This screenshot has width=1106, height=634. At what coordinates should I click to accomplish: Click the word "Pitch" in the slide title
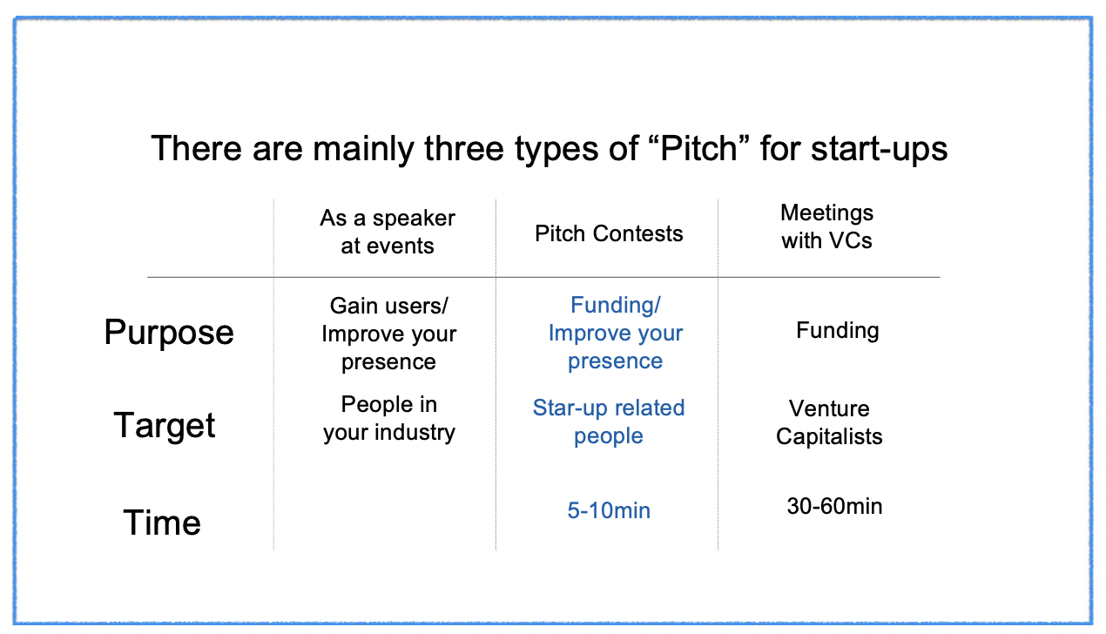click(x=698, y=148)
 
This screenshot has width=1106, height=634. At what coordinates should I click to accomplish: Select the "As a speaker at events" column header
click(x=388, y=232)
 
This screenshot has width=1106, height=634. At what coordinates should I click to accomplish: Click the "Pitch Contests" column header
click(x=609, y=233)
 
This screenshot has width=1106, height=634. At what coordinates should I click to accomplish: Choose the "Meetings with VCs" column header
click(x=827, y=226)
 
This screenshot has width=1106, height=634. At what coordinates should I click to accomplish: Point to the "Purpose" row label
click(x=169, y=333)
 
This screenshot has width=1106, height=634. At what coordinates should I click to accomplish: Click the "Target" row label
click(x=165, y=426)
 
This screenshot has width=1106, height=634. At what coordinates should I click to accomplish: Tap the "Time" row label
click(x=162, y=523)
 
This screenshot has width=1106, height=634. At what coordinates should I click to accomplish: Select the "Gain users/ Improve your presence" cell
click(x=389, y=334)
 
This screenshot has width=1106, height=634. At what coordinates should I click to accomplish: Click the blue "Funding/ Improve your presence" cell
click(x=616, y=333)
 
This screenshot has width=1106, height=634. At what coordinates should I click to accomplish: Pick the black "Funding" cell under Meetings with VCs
click(x=838, y=330)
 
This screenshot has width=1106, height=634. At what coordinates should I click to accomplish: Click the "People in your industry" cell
click(x=389, y=419)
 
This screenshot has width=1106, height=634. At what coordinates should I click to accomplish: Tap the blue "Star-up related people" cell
click(x=609, y=422)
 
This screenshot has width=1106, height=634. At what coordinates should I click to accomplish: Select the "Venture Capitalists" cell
click(x=829, y=422)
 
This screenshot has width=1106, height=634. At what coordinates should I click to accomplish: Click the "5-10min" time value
click(x=609, y=510)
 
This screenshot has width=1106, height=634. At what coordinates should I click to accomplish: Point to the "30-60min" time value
click(x=834, y=506)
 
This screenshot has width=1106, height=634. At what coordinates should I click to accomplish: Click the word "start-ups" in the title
click(x=879, y=149)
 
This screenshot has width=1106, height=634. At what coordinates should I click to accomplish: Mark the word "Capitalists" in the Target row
click(x=829, y=436)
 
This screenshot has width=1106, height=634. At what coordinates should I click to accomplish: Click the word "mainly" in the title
click(x=363, y=149)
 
